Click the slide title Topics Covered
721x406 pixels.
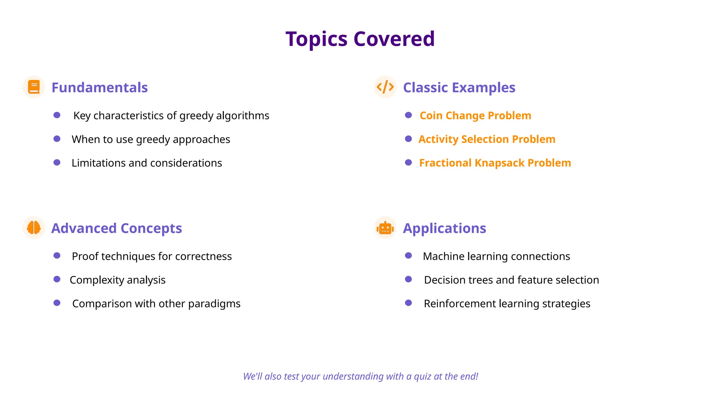(360, 39)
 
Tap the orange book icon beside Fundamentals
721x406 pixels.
(34, 87)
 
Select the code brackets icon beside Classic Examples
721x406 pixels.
(385, 87)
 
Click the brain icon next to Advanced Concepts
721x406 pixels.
(34, 227)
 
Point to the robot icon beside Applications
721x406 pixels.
(385, 228)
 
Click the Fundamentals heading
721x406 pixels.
(100, 87)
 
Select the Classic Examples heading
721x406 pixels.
(459, 87)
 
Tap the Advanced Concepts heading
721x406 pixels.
(117, 228)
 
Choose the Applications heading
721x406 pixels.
(444, 228)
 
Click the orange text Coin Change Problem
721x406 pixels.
(475, 116)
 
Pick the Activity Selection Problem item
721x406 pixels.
(487, 139)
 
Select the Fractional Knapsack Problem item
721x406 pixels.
(495, 163)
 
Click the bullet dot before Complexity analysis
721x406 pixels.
(57, 279)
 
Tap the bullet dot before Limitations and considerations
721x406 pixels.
(57, 162)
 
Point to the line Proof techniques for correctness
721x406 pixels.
(152, 256)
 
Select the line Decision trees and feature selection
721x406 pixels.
(511, 280)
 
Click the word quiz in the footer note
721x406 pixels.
(423, 376)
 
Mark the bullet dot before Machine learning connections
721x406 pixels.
(408, 256)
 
